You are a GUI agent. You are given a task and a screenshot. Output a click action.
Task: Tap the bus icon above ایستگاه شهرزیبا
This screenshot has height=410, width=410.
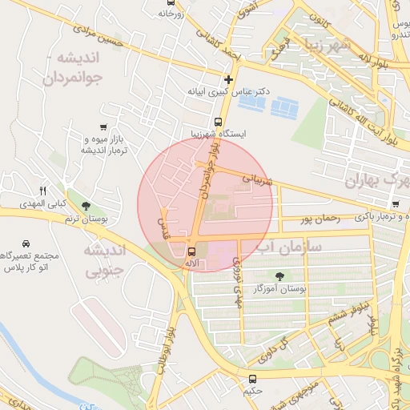point(217,122)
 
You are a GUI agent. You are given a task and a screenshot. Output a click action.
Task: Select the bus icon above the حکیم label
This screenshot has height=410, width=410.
point(252,378)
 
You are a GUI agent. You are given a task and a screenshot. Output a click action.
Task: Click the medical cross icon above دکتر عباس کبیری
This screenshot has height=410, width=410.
point(230,79)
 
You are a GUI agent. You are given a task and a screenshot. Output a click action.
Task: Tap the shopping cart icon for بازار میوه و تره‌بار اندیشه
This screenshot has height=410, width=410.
point(102,127)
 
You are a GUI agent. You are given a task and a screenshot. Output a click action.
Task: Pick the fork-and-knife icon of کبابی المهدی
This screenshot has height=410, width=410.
point(43,191)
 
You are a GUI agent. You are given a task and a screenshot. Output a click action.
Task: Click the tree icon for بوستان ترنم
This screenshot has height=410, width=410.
point(85,206)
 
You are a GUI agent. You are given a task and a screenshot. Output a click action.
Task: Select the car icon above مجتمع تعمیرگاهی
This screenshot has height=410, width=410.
point(26,243)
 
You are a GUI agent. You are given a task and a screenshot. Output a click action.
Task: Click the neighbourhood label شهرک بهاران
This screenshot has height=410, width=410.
point(376,182)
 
